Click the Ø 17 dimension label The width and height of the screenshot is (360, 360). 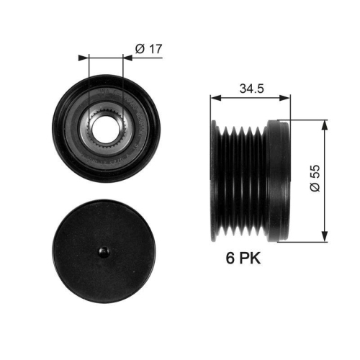(148, 49)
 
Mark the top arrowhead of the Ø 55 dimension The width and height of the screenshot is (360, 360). (325, 123)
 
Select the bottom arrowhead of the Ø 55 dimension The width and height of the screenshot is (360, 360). (325, 237)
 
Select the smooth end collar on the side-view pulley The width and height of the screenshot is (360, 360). (278, 180)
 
